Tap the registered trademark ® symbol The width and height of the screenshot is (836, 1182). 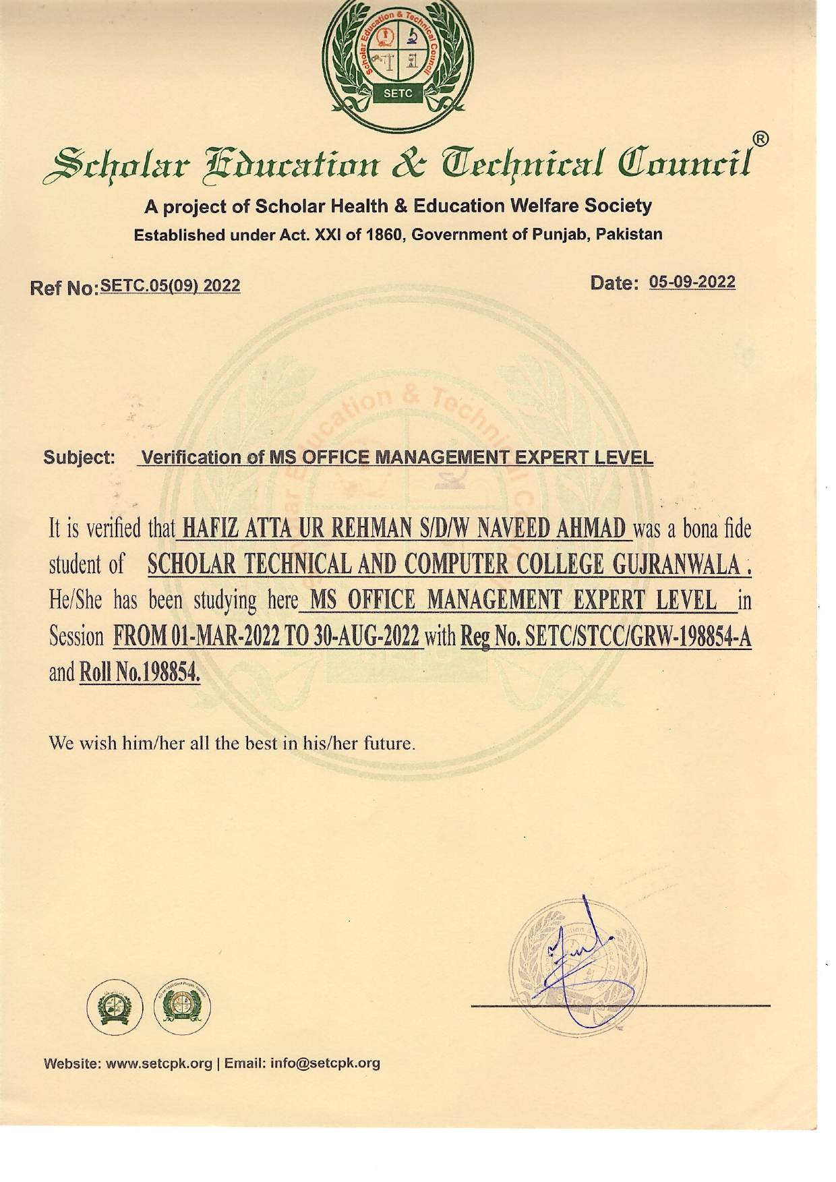tap(760, 140)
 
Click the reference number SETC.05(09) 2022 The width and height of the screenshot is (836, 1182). tap(170, 286)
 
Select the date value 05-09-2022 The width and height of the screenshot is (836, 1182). tap(692, 282)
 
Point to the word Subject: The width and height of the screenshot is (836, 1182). tap(80, 458)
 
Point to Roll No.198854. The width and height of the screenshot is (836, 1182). tap(140, 672)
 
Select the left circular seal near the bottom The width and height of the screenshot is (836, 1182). tap(115, 1007)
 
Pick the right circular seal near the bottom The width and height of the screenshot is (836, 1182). tap(182, 1007)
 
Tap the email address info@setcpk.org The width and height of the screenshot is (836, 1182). tap(325, 1063)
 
